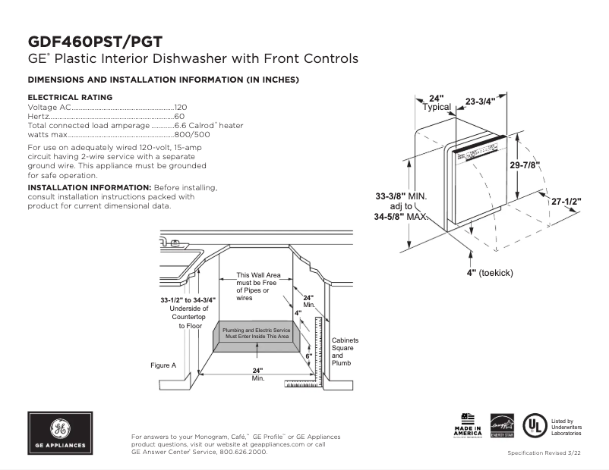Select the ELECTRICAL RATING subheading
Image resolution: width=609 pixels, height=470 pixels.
pos(70,97)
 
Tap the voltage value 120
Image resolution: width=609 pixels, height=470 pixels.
pos(181,108)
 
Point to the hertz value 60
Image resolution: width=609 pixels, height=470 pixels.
pos(179,117)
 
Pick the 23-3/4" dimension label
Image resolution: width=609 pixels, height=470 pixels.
pos(480,101)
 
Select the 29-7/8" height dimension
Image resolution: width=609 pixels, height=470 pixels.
pos(525,165)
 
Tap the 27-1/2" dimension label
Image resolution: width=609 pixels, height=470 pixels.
pos(566,202)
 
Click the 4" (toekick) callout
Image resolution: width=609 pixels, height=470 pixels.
pos(489,272)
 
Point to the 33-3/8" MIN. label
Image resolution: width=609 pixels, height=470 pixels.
pos(401,196)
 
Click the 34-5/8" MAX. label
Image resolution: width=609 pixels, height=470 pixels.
pos(401,216)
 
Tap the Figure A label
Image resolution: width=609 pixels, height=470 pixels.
pos(163,365)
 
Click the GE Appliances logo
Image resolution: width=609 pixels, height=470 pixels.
pos(60,433)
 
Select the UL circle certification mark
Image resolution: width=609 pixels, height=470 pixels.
pos(536,425)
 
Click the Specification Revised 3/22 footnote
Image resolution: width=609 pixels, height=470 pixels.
pos(544,453)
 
